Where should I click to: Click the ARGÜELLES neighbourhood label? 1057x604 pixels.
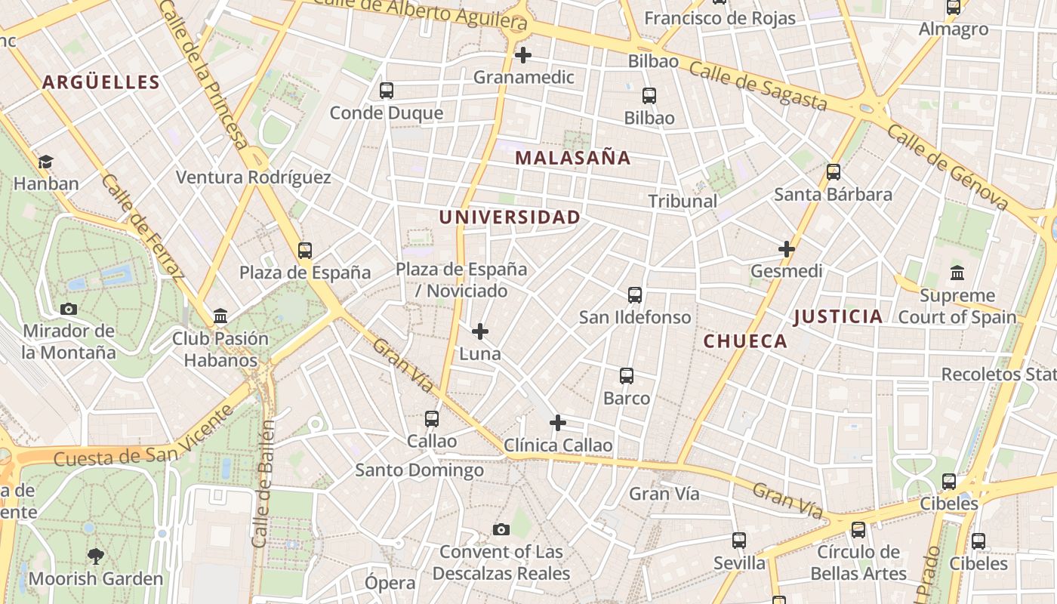[100, 82]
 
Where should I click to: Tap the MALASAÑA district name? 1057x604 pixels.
[572, 158]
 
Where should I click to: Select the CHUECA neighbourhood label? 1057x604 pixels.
[745, 341]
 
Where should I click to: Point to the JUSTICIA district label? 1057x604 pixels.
[838, 316]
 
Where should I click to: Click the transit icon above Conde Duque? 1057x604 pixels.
[387, 91]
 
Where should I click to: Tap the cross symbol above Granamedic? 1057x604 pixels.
[522, 55]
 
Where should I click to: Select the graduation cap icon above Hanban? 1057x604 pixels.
[45, 162]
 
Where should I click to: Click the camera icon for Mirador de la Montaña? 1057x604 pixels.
[69, 309]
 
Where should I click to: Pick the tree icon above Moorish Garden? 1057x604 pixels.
[95, 556]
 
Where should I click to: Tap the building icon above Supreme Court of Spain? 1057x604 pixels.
[957, 273]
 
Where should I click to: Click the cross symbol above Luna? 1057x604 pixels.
[479, 331]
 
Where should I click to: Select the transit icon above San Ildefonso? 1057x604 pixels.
[635, 295]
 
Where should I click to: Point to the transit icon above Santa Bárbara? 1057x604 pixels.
[834, 172]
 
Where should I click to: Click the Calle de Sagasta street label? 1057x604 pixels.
[758, 86]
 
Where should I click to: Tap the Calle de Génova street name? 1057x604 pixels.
[948, 167]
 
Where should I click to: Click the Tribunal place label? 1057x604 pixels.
[683, 201]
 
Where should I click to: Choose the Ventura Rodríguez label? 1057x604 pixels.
[253, 177]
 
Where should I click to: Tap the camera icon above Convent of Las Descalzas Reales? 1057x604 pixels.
[501, 529]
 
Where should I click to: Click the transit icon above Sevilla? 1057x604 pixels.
[739, 541]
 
